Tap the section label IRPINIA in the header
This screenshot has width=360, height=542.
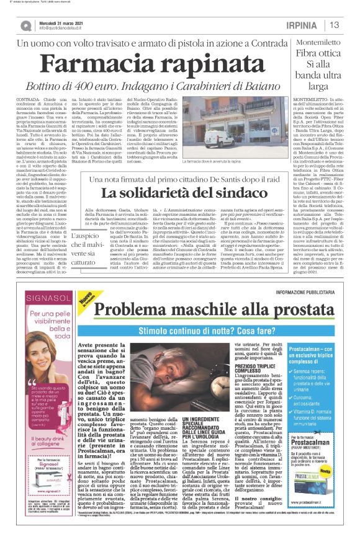coord(304,25)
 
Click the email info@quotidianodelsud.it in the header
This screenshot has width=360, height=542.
coord(66,29)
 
